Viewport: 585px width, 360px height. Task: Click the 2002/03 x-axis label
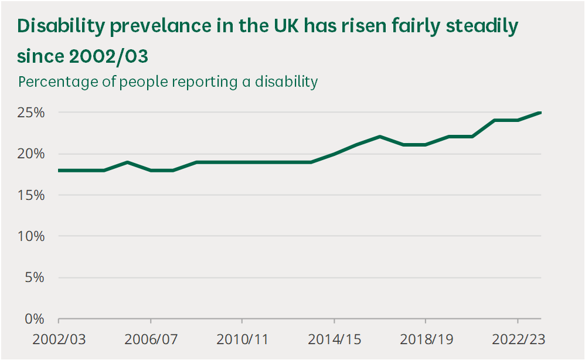click(x=59, y=339)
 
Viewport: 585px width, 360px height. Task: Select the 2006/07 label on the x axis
click(x=151, y=339)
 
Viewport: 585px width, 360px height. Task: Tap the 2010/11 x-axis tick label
click(x=242, y=339)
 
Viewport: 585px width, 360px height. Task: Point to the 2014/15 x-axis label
click(x=334, y=339)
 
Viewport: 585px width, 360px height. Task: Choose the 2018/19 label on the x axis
click(x=425, y=339)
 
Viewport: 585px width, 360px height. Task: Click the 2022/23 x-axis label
click(x=517, y=339)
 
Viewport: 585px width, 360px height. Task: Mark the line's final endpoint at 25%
click(x=540, y=113)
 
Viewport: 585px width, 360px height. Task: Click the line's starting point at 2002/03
click(x=59, y=171)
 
